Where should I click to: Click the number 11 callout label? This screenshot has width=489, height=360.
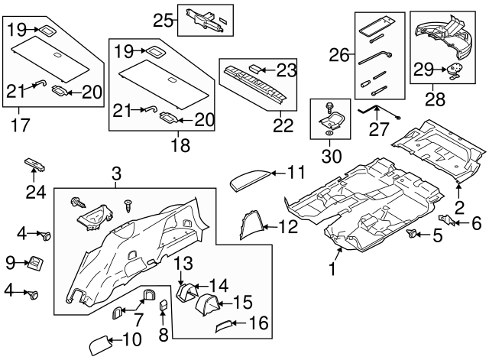tap(295, 172)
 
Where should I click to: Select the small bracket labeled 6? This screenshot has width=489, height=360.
tap(452, 221)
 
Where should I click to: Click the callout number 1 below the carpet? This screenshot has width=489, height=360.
tap(332, 268)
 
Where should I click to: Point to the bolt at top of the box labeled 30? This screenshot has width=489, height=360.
tap(329, 107)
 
